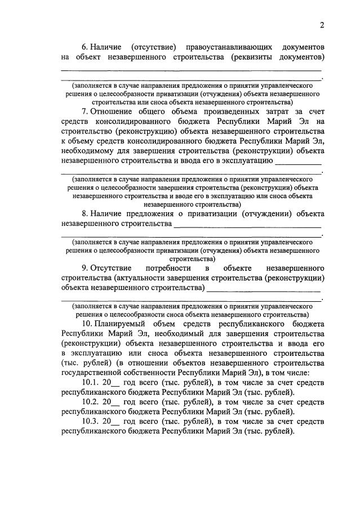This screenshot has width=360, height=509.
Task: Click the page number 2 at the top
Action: coord(322,24)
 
